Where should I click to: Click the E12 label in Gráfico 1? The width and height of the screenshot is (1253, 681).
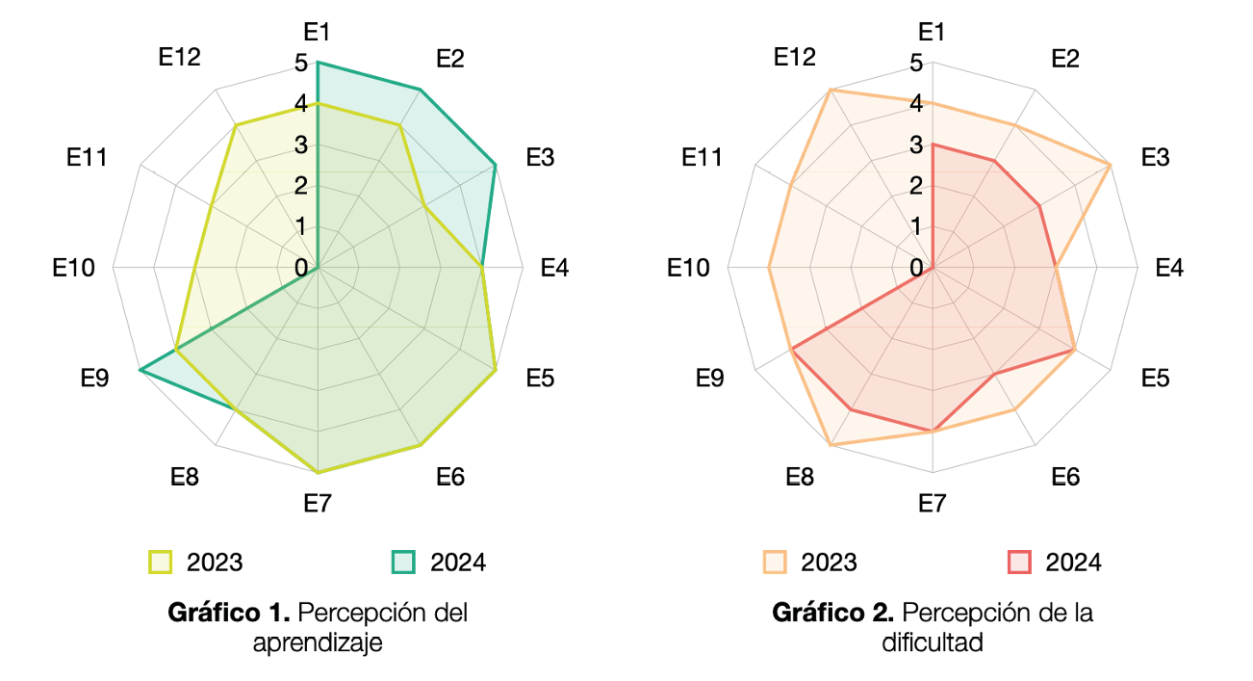[180, 57]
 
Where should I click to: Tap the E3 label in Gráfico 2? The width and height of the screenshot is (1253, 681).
[1155, 157]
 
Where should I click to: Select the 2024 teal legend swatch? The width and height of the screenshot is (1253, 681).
[402, 563]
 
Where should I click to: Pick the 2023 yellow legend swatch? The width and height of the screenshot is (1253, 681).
[160, 563]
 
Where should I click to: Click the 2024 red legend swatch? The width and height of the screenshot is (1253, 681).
[1019, 563]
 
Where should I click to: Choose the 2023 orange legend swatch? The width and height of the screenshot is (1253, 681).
[775, 563]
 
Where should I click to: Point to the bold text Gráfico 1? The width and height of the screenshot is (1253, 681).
[229, 613]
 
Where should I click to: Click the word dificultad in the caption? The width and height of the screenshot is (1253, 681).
[933, 642]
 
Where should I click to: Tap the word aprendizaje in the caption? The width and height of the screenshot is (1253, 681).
[318, 642]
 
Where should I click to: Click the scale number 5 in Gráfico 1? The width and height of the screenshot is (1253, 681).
[301, 63]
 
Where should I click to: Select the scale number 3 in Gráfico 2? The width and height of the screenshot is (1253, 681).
[916, 145]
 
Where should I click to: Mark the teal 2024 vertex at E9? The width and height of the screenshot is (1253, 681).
[141, 370]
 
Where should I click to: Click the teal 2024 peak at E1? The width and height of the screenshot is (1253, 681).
[318, 63]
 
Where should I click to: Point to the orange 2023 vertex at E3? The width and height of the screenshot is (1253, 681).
[1111, 165]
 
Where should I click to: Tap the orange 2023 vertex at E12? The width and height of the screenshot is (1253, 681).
[831, 90]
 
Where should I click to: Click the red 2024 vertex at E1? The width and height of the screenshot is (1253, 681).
[933, 144]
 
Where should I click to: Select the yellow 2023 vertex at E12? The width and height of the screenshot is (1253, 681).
[236, 125]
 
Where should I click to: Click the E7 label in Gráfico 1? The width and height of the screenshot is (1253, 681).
[318, 504]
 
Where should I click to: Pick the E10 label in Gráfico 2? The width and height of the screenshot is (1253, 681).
[688, 268]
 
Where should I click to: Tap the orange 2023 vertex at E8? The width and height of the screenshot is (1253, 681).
[831, 446]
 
